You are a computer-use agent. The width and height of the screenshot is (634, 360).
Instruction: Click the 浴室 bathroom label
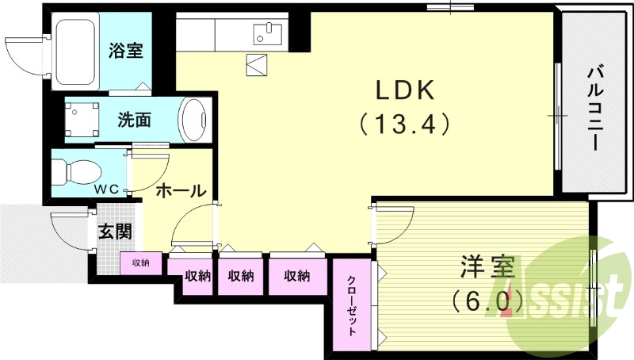(125, 51)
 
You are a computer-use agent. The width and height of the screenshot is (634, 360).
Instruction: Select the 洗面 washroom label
(134, 121)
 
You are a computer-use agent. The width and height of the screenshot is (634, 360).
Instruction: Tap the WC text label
(108, 190)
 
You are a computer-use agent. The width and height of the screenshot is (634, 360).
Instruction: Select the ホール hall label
(181, 190)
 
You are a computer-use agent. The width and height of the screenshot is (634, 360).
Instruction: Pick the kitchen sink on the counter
(268, 33)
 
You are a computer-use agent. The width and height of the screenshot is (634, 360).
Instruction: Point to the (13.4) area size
(404, 124)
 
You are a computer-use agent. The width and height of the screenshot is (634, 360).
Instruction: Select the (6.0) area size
(487, 300)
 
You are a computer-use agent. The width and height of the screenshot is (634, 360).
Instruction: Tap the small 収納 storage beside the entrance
(141, 262)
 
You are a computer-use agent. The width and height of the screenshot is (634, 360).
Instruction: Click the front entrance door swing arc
(67, 230)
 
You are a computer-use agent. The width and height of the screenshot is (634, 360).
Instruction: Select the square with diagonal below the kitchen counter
(258, 64)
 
